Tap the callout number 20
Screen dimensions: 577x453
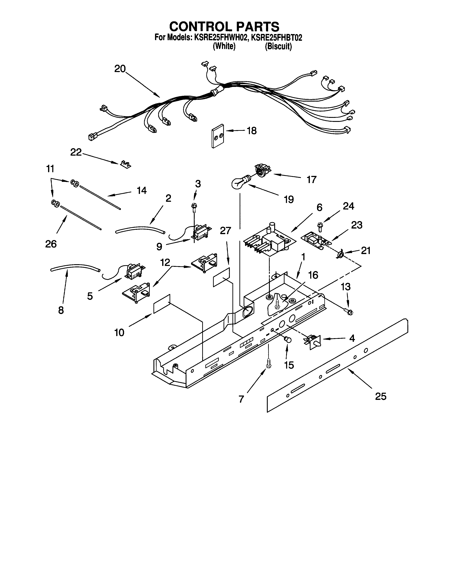pos(120,69)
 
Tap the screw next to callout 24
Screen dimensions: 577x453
pos(320,227)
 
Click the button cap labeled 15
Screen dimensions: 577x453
pos(287,339)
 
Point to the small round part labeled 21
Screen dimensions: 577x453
pos(341,255)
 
